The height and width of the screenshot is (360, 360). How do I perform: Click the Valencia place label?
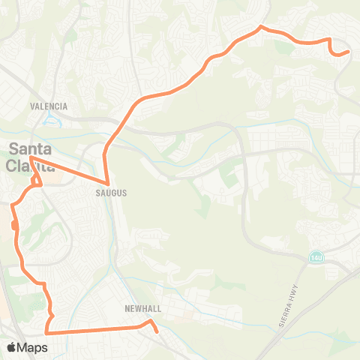[x=49, y=106]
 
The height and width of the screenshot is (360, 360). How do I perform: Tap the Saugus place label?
[x=111, y=193]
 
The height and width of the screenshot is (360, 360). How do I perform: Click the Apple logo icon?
[x=13, y=347]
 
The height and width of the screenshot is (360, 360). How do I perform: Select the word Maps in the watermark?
[x=34, y=347]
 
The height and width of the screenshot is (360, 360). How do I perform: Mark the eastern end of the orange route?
[x=349, y=52]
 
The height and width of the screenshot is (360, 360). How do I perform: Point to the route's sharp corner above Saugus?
[x=109, y=184]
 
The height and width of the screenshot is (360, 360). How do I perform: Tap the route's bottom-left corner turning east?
[x=46, y=331]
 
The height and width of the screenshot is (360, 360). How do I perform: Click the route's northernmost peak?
[x=260, y=27]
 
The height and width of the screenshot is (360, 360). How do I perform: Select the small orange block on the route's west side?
[x=15, y=224]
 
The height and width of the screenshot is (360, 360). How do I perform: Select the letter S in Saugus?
[x=97, y=193]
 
